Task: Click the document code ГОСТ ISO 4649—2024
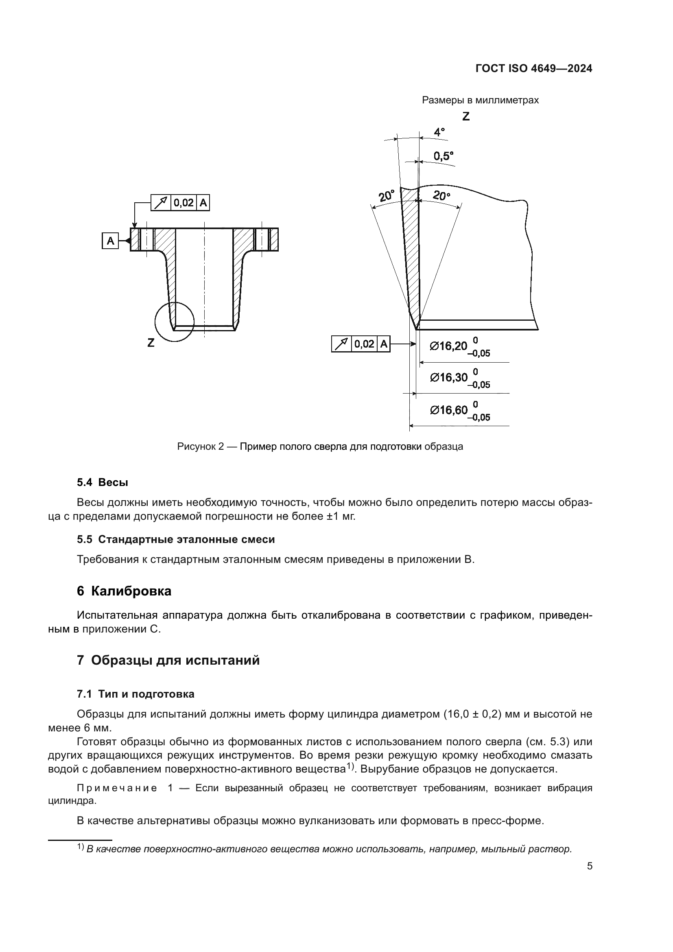(534, 69)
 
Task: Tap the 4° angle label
(439, 132)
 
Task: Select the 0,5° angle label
(443, 156)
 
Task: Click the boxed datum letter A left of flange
(110, 241)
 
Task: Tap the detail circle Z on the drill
(175, 322)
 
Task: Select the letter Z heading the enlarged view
(466, 116)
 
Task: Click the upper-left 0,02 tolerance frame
(180, 203)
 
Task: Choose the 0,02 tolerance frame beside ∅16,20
(361, 344)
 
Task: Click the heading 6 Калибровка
(124, 591)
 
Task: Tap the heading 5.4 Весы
(103, 482)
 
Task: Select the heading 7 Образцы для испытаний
(168, 660)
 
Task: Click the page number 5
(589, 866)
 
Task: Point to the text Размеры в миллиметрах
(480, 100)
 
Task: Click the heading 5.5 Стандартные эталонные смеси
(176, 539)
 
